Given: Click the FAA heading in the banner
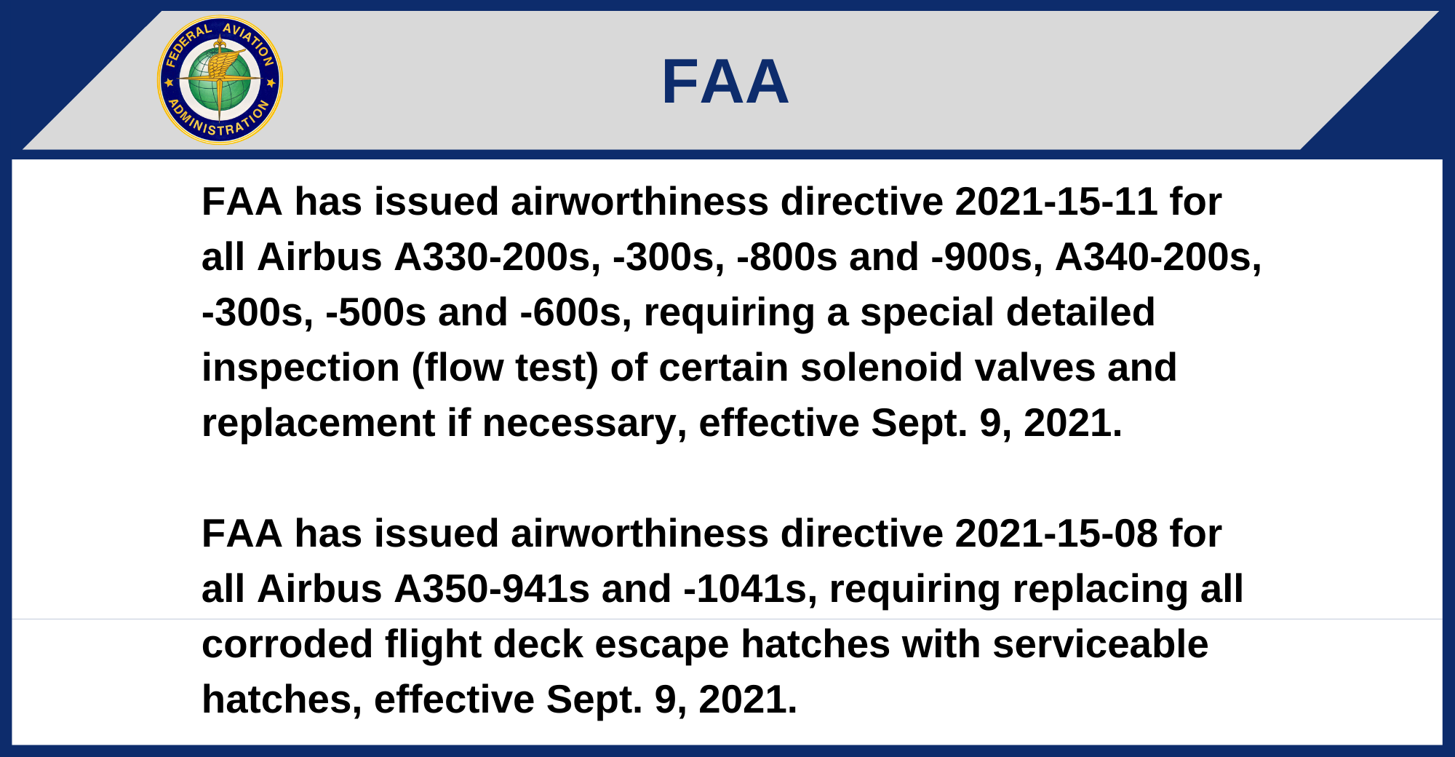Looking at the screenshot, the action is (x=725, y=82).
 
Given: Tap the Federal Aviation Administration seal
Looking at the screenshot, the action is (x=220, y=80).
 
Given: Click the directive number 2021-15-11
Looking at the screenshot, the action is (x=1056, y=202).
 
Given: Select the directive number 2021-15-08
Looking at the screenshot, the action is (x=1056, y=534).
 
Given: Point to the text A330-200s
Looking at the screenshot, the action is (x=498, y=257).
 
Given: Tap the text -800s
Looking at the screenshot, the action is (x=787, y=257).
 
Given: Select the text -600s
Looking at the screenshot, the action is (x=575, y=312).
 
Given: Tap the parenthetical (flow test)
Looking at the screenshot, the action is (x=505, y=368).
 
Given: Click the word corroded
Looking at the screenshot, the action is (x=287, y=644).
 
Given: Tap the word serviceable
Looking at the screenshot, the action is (x=1100, y=644).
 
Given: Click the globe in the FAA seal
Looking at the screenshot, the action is (x=220, y=80).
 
